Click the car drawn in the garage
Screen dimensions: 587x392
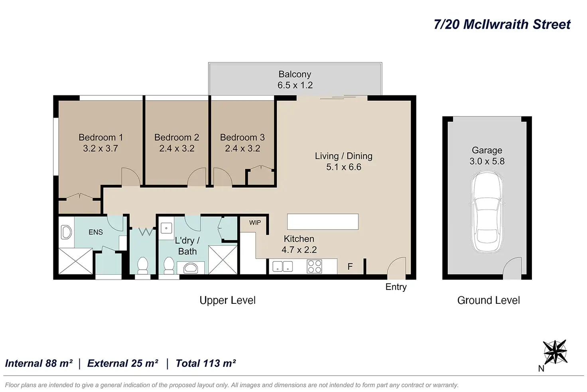click(x=487, y=212)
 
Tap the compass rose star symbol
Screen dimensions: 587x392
click(x=555, y=352)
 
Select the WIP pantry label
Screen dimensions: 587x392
click(x=255, y=222)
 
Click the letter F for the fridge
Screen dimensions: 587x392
click(x=350, y=267)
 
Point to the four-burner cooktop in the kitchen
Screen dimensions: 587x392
click(x=314, y=266)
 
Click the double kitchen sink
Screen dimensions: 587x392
click(x=282, y=266)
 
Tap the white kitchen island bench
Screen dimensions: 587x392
click(x=323, y=222)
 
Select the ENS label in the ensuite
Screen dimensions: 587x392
click(x=95, y=232)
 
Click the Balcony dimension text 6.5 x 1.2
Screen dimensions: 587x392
click(x=295, y=85)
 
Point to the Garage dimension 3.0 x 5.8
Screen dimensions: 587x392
click(x=487, y=161)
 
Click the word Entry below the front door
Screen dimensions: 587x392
click(x=396, y=287)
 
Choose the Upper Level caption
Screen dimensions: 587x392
click(x=227, y=301)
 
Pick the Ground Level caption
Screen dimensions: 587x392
click(x=489, y=301)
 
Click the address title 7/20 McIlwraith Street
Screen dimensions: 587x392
click(x=502, y=24)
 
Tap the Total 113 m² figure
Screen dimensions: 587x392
click(x=206, y=363)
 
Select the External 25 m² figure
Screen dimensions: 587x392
click(x=123, y=363)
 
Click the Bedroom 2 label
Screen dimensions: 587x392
click(x=177, y=137)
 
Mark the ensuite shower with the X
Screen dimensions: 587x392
click(x=75, y=261)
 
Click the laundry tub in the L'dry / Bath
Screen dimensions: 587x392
click(x=166, y=228)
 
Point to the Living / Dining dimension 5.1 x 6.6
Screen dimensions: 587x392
click(x=344, y=167)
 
